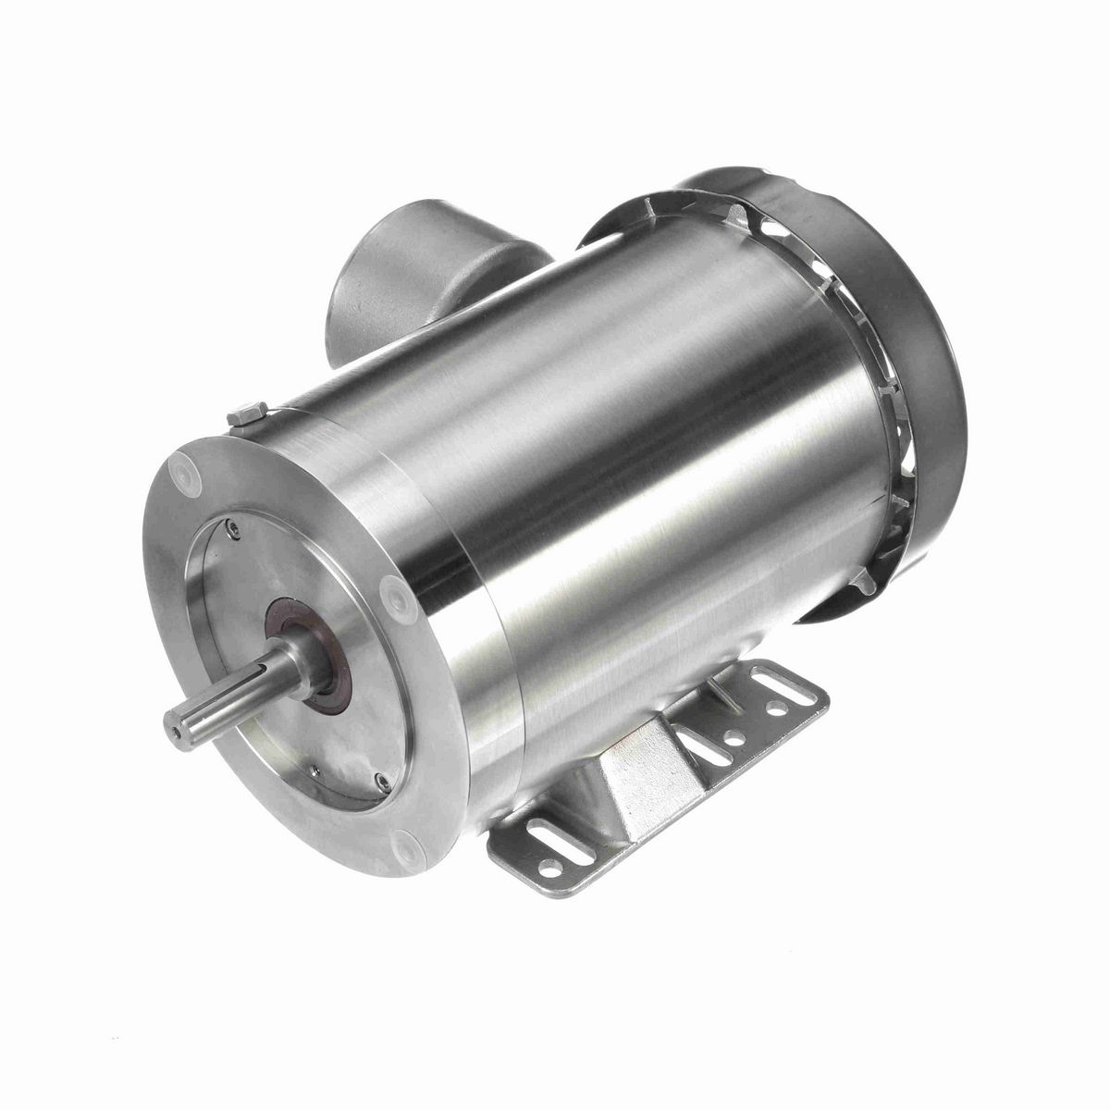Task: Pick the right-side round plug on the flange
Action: [389, 588]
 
